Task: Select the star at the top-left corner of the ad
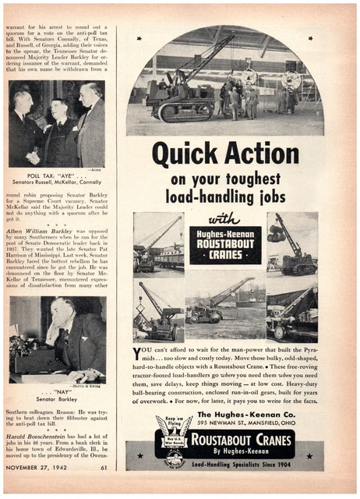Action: (x=139, y=38)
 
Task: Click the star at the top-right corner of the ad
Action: (x=309, y=38)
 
